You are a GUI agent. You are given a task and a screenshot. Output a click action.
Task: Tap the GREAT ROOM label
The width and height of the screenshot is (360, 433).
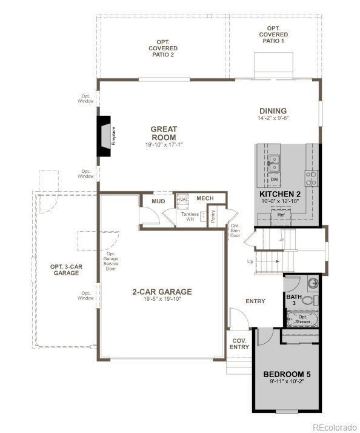click(163, 133)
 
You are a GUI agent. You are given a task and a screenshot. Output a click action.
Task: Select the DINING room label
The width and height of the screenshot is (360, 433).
click(273, 111)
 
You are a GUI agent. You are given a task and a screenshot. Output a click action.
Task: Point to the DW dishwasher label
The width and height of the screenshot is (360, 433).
click(274, 180)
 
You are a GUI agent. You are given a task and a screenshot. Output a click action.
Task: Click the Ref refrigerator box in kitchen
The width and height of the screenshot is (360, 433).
click(281, 215)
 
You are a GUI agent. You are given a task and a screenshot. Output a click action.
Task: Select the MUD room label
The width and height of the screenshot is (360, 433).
click(158, 201)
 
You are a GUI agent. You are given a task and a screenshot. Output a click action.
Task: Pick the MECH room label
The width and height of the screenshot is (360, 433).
click(205, 198)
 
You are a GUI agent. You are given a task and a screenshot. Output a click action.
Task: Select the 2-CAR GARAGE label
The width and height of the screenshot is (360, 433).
click(162, 292)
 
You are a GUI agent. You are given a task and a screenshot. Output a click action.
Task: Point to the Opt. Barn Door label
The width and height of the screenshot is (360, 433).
click(235, 231)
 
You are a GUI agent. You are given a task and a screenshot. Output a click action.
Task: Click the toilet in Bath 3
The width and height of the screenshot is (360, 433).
click(308, 300)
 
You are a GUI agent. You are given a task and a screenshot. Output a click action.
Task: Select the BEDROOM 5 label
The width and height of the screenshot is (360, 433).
click(287, 374)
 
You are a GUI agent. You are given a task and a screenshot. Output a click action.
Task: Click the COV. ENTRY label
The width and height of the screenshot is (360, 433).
click(239, 343)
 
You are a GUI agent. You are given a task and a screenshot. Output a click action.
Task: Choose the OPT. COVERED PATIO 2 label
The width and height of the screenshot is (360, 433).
click(163, 49)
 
